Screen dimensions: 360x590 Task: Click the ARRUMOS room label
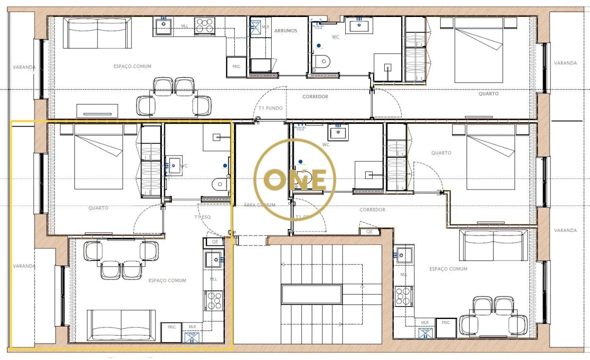(x=285, y=31)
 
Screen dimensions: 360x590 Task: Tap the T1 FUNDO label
(x=270, y=108)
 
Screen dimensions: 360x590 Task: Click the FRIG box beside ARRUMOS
(x=236, y=66)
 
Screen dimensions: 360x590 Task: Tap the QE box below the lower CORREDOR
(x=369, y=231)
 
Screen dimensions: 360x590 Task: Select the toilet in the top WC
(x=323, y=61)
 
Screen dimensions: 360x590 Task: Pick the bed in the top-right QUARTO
(x=479, y=50)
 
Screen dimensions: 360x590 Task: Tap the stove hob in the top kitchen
(x=204, y=26)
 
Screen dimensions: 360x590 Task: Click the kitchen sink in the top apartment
(x=164, y=25)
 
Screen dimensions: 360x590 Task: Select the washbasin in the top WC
(x=358, y=24)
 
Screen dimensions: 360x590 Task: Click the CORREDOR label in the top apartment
(x=315, y=96)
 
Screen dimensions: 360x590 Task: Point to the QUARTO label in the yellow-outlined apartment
(x=98, y=208)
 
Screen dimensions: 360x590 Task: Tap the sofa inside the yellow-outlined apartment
(x=121, y=325)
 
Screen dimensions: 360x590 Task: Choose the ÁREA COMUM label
(x=259, y=204)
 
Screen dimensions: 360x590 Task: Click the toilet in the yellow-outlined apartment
(x=219, y=184)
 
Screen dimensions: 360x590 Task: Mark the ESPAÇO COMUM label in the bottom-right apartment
(x=448, y=269)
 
